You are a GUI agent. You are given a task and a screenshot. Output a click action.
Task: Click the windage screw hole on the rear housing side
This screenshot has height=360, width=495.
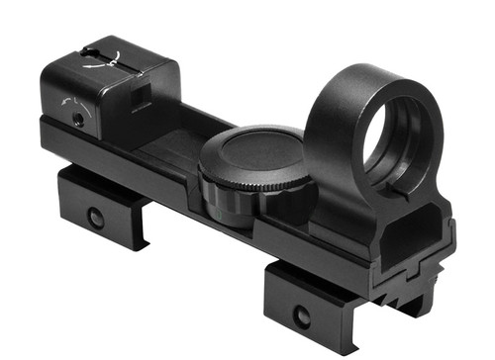point(77,117)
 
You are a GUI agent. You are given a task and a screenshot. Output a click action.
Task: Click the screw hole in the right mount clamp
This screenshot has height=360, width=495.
point(301,317)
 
